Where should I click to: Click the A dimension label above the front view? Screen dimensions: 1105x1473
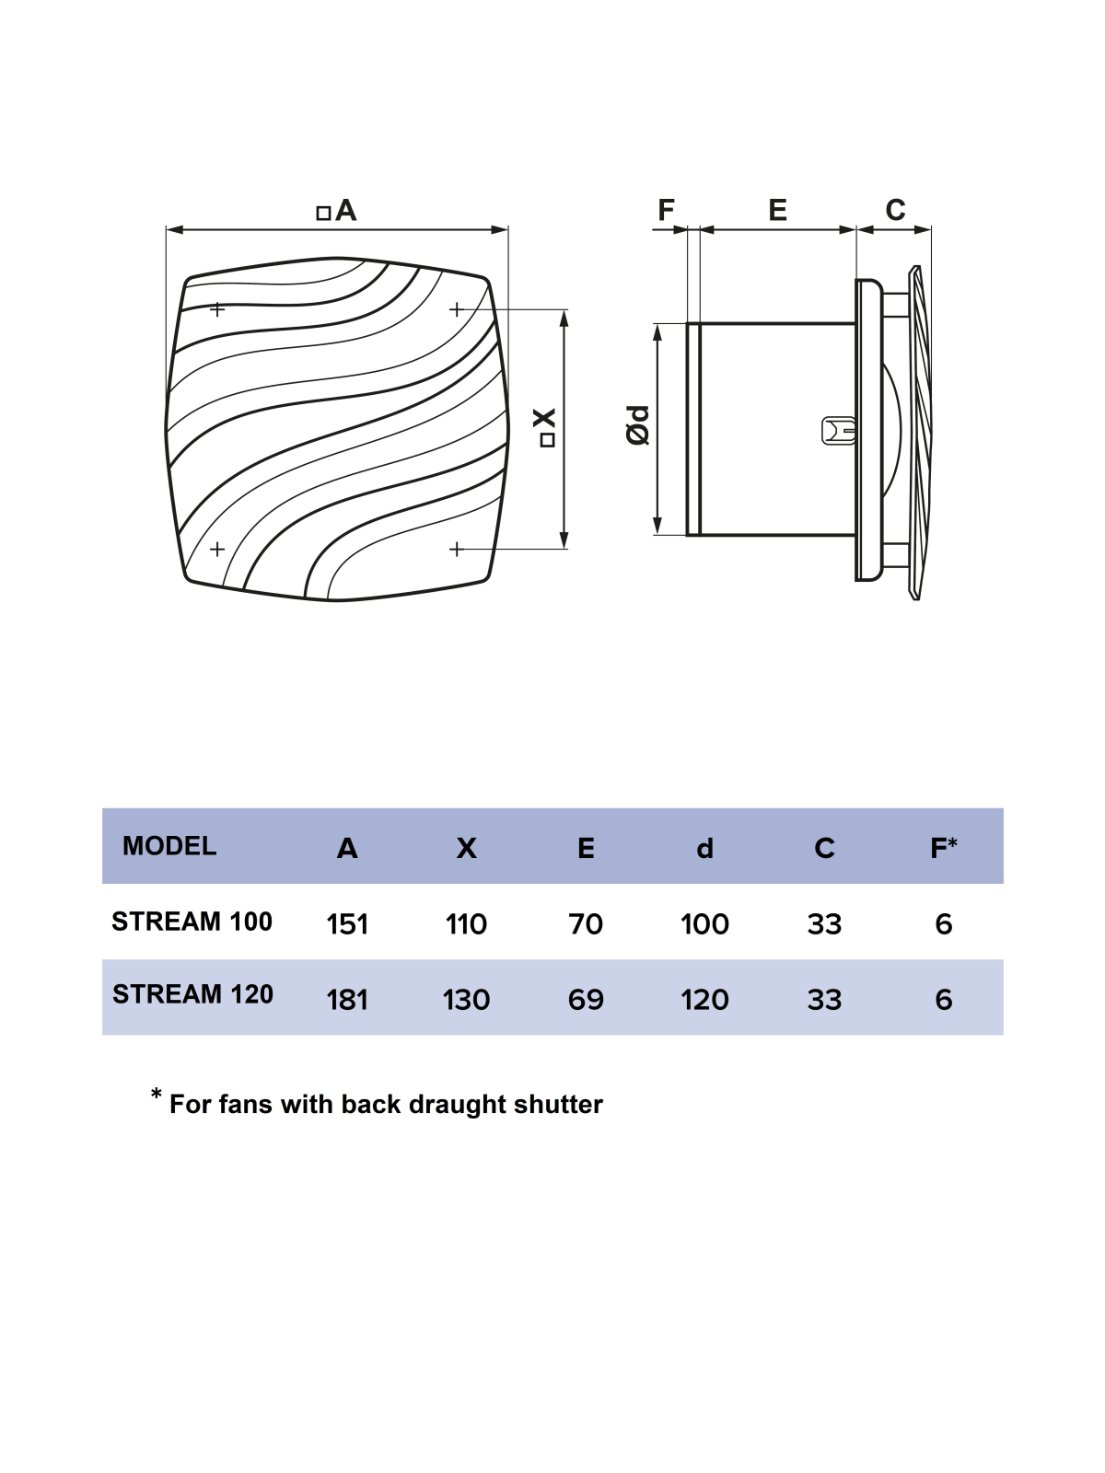coord(337,211)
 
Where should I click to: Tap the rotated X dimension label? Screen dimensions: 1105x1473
coord(547,428)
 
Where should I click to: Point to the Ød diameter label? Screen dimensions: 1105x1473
coord(638,424)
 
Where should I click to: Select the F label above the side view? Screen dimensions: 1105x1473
coord(666,210)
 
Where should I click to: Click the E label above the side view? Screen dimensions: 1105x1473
coord(777,210)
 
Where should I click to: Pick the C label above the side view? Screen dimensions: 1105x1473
coord(896,210)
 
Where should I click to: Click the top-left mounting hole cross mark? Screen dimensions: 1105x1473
coord(216,309)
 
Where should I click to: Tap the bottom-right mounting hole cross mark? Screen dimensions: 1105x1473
coord(456,550)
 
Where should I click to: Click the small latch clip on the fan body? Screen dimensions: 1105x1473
coord(839,431)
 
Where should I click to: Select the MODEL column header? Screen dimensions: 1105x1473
coord(169,846)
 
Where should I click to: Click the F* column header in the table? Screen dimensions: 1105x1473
coord(943,848)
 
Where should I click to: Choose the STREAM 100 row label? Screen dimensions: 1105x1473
coord(192,922)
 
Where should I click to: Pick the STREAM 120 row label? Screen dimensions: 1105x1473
coord(192,994)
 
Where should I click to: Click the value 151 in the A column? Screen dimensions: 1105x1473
coord(347,924)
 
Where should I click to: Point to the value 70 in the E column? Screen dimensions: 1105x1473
coord(586,924)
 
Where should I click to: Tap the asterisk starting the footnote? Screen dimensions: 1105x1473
coord(157,1094)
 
